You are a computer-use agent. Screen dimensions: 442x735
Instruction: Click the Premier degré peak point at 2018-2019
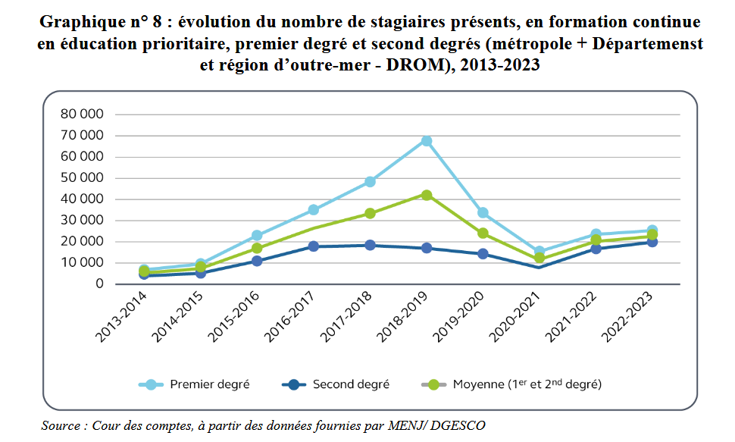pos(427,141)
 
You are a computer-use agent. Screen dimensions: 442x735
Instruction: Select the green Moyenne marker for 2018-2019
pos(427,195)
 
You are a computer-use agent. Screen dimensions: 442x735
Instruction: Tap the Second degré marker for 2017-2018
pos(370,245)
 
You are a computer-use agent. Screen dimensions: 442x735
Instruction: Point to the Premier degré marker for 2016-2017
pos(313,209)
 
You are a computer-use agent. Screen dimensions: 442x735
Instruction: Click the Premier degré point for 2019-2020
pos(483,213)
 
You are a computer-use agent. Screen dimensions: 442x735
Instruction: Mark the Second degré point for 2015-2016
pos(257,261)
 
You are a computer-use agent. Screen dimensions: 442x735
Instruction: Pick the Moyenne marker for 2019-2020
pos(483,234)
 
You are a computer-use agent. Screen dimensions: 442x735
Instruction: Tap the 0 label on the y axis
pos(99,284)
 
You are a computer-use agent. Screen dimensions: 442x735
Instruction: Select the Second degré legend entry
pos(351,384)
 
